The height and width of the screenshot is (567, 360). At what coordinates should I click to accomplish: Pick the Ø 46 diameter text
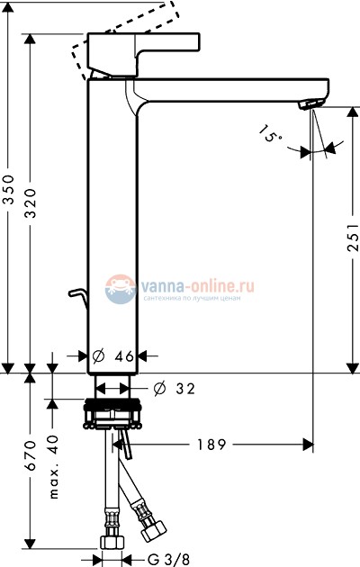114,356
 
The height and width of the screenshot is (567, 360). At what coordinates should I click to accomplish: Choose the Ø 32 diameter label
175,389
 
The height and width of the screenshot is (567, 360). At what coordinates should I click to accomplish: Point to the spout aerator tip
311,106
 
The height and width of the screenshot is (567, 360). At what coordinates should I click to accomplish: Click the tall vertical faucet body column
112,225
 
